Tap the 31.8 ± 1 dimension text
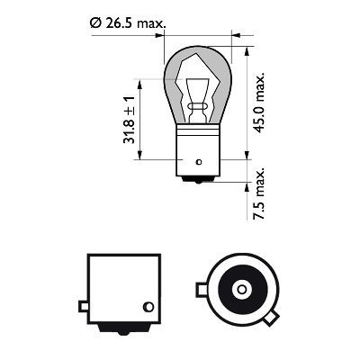130,122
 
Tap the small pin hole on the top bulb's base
199,159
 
